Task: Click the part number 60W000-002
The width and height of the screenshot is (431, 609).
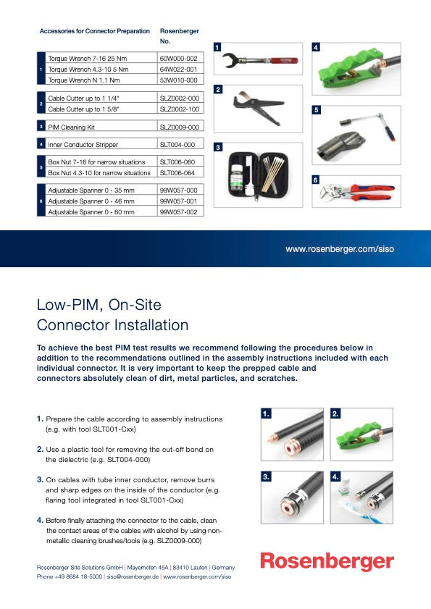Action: pos(177,57)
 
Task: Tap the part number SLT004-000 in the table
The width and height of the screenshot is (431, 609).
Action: pos(177,144)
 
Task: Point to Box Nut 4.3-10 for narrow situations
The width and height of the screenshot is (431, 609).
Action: pos(99,173)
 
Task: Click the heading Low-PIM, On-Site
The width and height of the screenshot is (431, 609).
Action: pos(99,304)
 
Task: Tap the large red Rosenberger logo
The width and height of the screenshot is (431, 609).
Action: pos(327,562)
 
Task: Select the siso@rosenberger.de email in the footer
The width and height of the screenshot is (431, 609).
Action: pos(132,577)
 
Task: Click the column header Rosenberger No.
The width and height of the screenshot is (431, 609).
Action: pos(179,36)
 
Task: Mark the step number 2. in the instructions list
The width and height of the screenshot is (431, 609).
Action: pos(41,449)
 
